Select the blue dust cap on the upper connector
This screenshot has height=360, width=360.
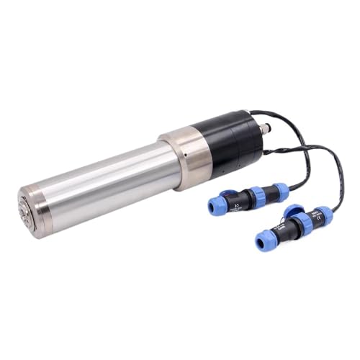[227, 194]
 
